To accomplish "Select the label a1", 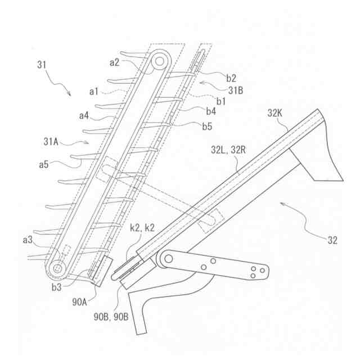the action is click(93, 91).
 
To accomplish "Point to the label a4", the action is click(84, 116).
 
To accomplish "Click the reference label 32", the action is click(332, 240).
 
